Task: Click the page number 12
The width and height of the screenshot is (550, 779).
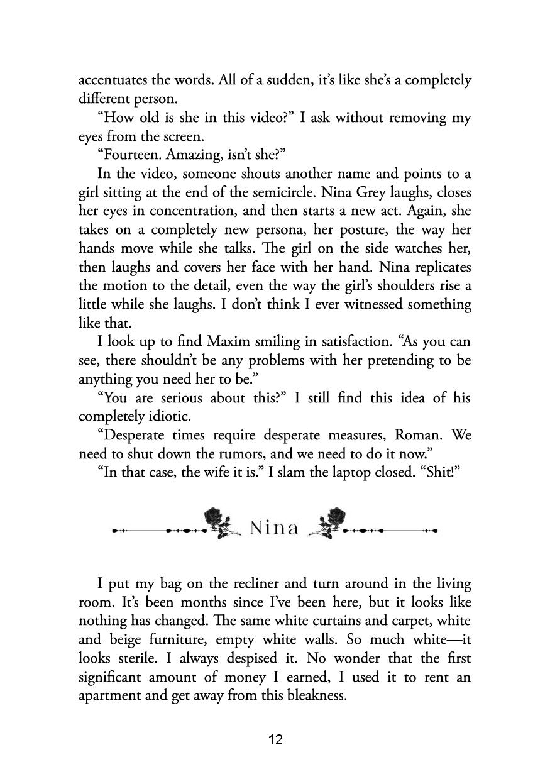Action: pos(275,739)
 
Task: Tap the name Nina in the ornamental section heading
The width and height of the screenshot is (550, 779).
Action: pos(274,528)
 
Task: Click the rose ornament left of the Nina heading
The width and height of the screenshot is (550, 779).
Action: pos(221,523)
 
